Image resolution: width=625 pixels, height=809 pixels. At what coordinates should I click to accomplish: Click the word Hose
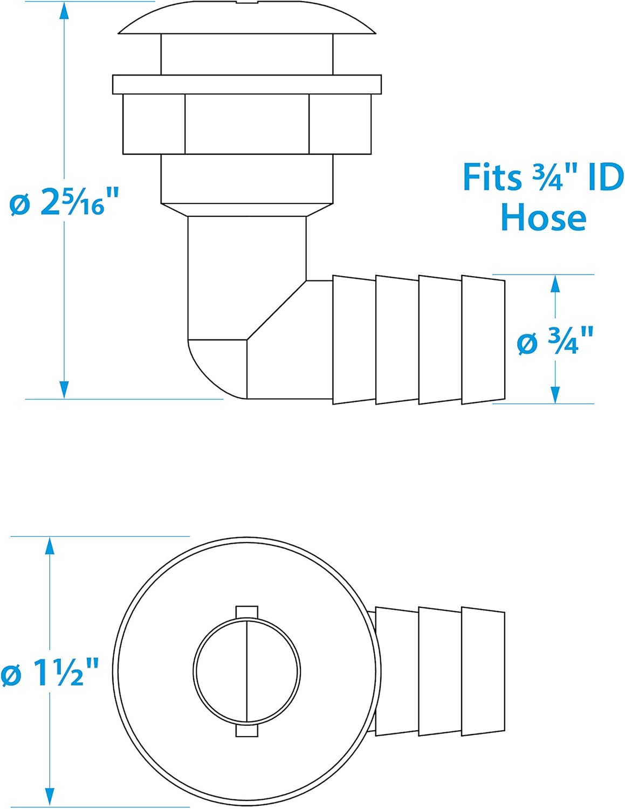543,218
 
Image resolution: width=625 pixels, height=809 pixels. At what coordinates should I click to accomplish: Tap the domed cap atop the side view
247,22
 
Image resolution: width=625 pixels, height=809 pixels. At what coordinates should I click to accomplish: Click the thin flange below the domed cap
247,84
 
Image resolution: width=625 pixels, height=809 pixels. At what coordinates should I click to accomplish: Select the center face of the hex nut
247,124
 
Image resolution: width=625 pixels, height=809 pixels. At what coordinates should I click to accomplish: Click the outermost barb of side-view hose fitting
483,340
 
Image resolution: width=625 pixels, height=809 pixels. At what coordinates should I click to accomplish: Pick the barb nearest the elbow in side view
354,340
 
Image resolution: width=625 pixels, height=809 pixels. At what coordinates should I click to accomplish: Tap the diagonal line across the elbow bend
276,310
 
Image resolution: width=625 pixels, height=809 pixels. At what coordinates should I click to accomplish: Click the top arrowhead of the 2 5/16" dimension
64,11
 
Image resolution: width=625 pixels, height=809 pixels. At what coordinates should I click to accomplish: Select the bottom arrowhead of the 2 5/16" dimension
64,389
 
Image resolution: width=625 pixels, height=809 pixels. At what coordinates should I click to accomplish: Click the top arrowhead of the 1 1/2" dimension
50,546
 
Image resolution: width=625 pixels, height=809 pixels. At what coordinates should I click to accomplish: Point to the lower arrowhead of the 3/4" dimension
555,394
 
